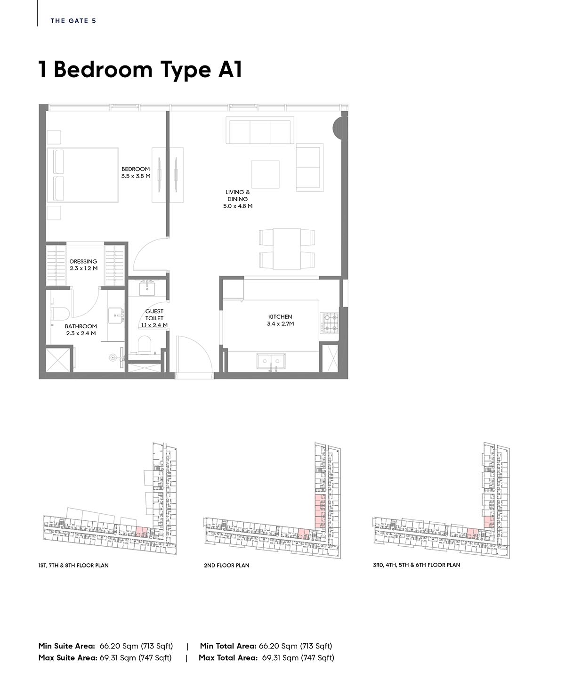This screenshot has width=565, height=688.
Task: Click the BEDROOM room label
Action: click(136, 169)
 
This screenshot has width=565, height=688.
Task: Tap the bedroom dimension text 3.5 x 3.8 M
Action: click(136, 176)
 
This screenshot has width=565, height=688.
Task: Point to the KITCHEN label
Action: click(280, 317)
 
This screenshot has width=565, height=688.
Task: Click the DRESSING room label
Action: click(83, 261)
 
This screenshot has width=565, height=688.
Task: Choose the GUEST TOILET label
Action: click(154, 315)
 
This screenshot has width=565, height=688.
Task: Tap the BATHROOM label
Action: click(81, 326)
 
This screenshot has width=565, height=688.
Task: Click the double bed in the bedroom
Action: click(83, 175)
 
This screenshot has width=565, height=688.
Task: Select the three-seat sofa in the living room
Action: click(260, 130)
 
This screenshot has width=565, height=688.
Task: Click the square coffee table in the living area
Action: click(265, 174)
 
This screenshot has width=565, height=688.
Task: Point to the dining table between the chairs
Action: click(287, 249)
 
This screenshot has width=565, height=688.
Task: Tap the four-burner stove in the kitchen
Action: click(329, 323)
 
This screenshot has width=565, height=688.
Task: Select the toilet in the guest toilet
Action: click(144, 345)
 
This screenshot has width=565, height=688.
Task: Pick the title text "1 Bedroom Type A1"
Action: click(140, 70)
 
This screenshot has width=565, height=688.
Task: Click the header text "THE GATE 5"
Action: click(73, 21)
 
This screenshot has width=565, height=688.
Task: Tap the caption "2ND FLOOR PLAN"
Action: click(226, 566)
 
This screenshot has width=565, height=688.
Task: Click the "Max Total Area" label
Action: click(228, 658)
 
